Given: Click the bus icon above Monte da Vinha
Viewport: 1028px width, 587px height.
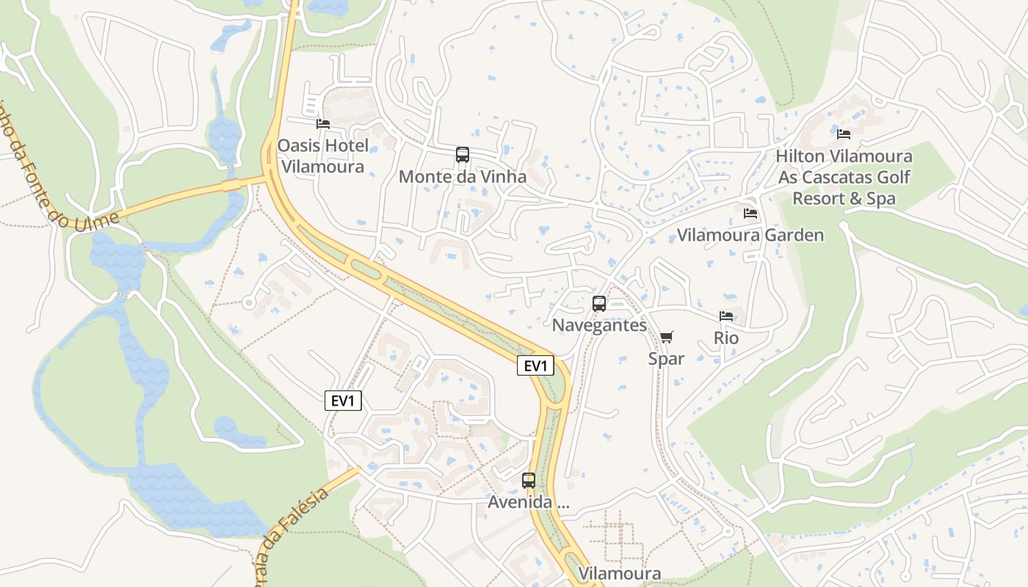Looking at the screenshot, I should [x=463, y=155].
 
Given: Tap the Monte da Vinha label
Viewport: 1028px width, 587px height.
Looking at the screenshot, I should [x=463, y=177].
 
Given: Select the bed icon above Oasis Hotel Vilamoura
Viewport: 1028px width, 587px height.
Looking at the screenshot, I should [x=323, y=124].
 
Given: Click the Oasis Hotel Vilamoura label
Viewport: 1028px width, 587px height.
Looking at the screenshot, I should [x=322, y=156].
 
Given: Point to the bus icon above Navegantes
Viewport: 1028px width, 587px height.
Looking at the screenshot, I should [x=599, y=303].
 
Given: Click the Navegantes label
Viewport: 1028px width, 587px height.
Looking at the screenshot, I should [x=599, y=325].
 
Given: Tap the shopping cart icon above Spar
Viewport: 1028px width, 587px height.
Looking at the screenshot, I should [x=666, y=337].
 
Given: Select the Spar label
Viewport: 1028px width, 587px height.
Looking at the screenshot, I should [x=666, y=359].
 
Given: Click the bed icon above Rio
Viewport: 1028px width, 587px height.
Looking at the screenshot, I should [x=726, y=316].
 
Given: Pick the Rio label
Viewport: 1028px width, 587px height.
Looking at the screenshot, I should [x=726, y=338].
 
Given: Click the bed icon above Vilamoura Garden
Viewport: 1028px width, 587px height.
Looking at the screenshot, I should [x=750, y=214].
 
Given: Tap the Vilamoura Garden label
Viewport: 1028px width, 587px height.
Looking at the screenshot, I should [x=750, y=236].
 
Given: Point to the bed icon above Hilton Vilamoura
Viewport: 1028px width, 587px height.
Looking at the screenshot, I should [x=844, y=134].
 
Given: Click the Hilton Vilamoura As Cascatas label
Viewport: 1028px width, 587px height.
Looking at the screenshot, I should [x=844, y=177].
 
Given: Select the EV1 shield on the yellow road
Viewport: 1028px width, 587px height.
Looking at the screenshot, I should [x=535, y=365].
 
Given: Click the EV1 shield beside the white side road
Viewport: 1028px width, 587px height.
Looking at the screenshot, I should [x=344, y=401].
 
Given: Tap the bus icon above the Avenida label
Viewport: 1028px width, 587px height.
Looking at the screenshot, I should [x=529, y=481].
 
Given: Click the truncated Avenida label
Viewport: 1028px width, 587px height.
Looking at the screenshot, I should [x=529, y=503].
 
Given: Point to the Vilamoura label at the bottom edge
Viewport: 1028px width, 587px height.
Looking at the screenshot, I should [x=620, y=573].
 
